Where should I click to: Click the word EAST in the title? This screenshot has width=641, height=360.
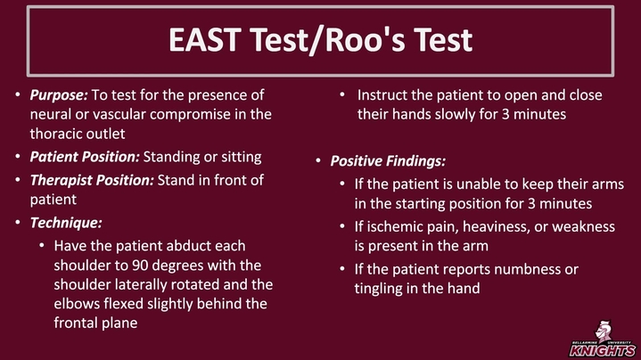coord(204,39)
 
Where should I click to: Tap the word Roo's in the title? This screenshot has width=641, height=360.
coord(365,39)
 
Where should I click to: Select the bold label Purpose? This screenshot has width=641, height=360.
coord(59,95)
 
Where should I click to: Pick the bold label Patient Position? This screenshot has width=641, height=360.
coord(85,157)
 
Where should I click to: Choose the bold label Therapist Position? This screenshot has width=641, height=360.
coord(92,180)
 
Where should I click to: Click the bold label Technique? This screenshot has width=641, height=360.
coord(66,223)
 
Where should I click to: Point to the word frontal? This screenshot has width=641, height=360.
coord(76,323)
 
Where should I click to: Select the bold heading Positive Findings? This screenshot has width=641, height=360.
coord(388,161)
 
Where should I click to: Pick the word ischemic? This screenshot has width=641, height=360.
coord(391,227)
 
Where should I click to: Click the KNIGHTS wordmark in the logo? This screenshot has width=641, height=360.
coord(603,350)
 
